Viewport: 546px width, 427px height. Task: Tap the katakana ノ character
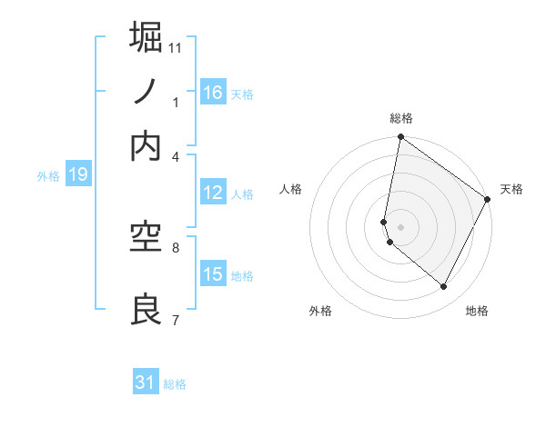(147, 92)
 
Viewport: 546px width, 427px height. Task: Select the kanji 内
(147, 146)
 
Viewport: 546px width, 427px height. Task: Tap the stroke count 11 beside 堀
(176, 47)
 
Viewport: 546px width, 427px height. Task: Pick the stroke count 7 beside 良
(176, 320)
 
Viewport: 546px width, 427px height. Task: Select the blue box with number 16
(213, 93)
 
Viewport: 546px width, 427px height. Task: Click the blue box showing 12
(213, 193)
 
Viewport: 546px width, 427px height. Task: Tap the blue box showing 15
(213, 274)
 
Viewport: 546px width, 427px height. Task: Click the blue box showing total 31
(146, 382)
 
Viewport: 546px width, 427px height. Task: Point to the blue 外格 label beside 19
(48, 176)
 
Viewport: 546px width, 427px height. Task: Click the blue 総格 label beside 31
(175, 384)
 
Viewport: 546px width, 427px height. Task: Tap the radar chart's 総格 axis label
(401, 118)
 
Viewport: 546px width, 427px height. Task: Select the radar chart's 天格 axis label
(511, 189)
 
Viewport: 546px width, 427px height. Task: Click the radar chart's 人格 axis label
(291, 189)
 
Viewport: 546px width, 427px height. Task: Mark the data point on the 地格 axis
(444, 287)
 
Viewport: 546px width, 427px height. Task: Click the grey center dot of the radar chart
(401, 226)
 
